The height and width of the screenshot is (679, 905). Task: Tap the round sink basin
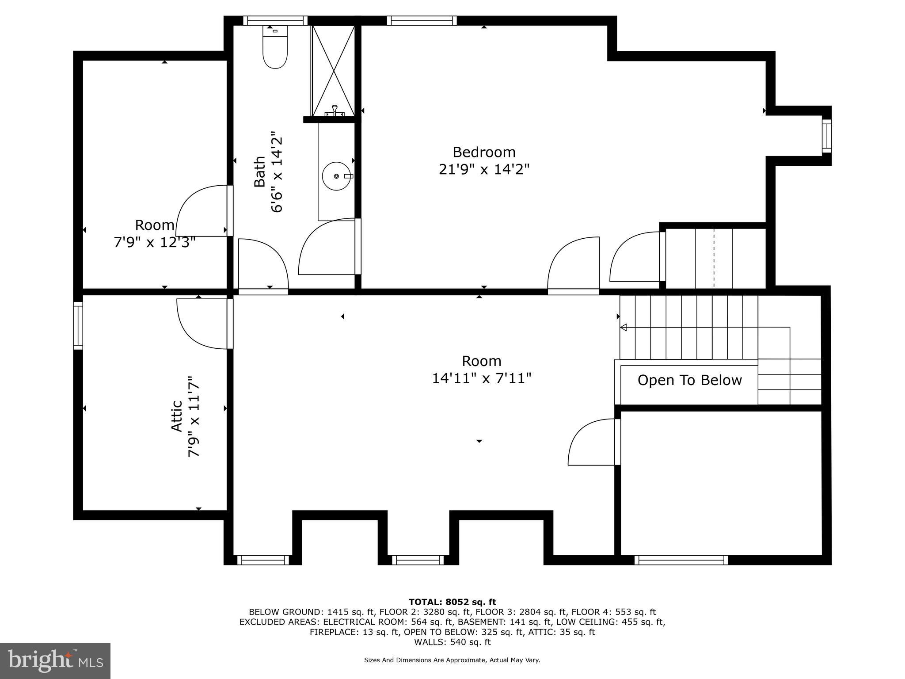336,176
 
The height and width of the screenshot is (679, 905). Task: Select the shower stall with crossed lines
333,71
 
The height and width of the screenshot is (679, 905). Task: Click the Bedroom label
484,152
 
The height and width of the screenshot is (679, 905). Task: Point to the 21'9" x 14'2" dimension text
484,169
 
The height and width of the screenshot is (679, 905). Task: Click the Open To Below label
689,380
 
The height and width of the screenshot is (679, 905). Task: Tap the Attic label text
177,416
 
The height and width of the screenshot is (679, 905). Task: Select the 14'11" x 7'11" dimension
481,378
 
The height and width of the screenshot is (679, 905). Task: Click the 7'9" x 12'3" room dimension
155,242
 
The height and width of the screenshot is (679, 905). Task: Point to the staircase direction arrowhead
624,328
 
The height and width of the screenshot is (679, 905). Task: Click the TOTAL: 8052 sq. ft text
452,602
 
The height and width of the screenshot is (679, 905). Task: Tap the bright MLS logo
55,660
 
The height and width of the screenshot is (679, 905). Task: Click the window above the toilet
275,20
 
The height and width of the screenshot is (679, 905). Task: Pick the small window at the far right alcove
826,136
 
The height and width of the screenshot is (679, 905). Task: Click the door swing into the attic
201,324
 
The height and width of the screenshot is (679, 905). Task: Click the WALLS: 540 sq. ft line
452,642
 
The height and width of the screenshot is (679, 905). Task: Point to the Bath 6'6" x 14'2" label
268,172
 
